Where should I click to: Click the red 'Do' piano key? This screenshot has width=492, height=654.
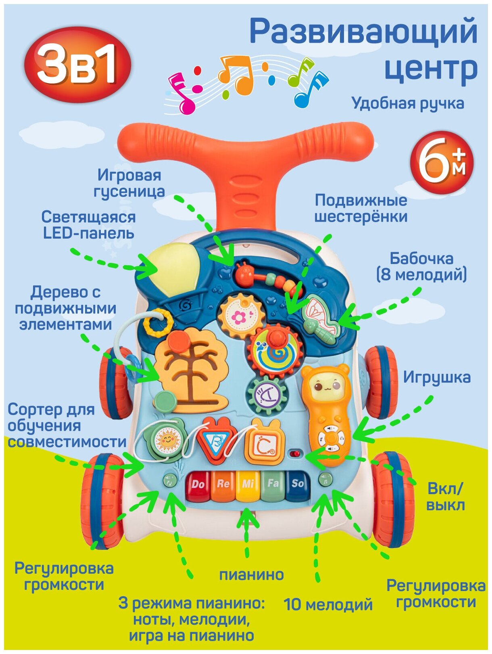click(x=198, y=485)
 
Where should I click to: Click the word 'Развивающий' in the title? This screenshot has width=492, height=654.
click(x=363, y=32)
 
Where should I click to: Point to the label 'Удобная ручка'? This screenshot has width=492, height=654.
click(x=408, y=103)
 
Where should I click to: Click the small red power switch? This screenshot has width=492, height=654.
click(x=295, y=454)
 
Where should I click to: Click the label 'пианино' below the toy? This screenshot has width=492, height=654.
click(x=251, y=574)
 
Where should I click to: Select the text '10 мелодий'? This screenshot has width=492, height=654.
click(x=328, y=605)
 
